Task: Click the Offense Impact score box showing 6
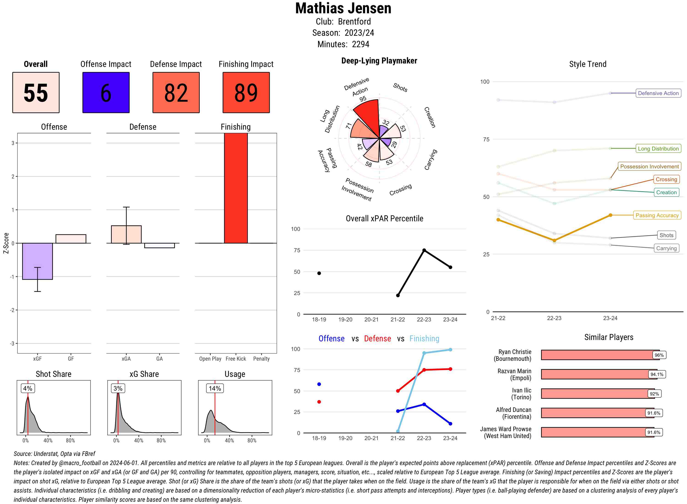coord(106,93)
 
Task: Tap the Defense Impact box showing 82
coord(176,93)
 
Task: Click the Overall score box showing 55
coord(36,93)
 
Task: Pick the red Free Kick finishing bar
coord(236,188)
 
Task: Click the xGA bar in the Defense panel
coord(126,234)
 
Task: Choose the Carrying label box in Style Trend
coord(666,248)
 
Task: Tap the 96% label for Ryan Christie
coord(659,355)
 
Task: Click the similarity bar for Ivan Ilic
coord(595,394)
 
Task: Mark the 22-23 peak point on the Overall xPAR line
coord(424,250)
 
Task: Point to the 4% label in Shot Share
coord(27,388)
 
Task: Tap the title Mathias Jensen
coord(343,8)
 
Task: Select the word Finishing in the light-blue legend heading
coord(424,339)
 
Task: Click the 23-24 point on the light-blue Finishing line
coord(450,350)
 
